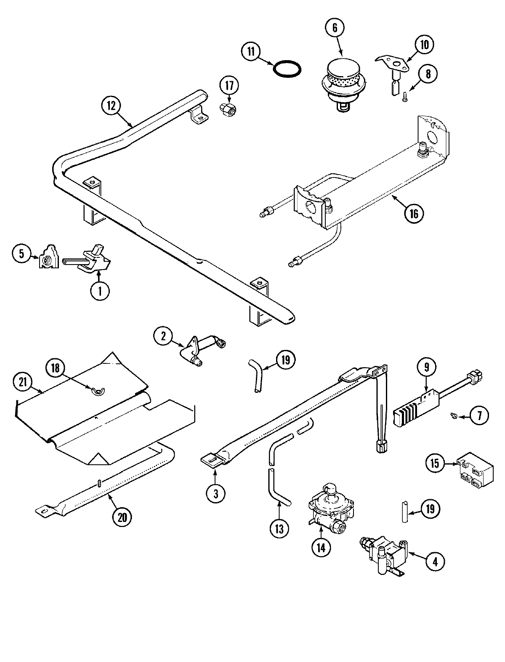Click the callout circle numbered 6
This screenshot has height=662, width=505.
(x=335, y=28)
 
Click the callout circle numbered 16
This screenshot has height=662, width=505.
(x=414, y=213)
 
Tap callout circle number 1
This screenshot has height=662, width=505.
(x=100, y=291)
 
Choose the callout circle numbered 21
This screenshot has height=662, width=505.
(x=23, y=381)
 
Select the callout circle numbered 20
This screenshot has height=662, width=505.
(x=122, y=517)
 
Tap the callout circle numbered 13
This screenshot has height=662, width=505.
(x=279, y=528)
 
